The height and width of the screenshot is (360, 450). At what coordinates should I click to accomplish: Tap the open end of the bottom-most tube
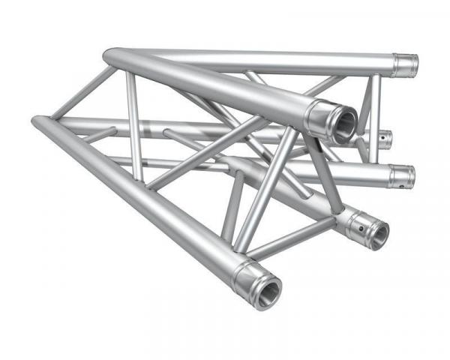click(268, 288)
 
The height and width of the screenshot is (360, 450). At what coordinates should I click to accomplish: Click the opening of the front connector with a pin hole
click(378, 235)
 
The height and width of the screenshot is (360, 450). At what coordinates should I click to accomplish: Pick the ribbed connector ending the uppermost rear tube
click(406, 64)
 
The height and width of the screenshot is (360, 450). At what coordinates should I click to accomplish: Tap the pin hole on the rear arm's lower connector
click(409, 177)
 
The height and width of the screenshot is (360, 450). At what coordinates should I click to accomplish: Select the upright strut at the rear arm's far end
click(373, 112)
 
